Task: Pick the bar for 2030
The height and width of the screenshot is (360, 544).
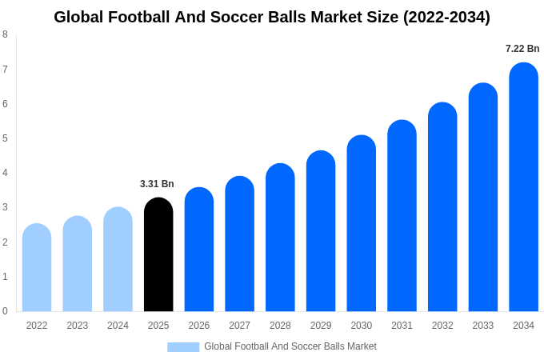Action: click(361, 223)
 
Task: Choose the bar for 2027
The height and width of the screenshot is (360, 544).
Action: click(239, 244)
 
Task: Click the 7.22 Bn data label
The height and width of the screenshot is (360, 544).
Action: click(522, 49)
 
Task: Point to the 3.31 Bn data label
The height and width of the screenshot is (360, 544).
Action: click(157, 184)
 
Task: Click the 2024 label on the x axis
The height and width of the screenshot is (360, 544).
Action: click(118, 326)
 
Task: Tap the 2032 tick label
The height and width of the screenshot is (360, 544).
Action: click(442, 326)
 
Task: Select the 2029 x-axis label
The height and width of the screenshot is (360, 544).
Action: click(321, 326)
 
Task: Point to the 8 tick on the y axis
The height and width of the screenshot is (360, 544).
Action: click(5, 34)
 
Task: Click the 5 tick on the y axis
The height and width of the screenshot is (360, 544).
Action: click(5, 138)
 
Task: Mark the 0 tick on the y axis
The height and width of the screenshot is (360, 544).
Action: click(5, 311)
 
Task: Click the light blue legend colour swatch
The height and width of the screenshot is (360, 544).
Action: click(183, 347)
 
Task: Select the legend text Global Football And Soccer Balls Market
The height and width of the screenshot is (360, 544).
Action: click(290, 346)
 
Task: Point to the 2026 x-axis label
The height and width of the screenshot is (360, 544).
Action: click(199, 326)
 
